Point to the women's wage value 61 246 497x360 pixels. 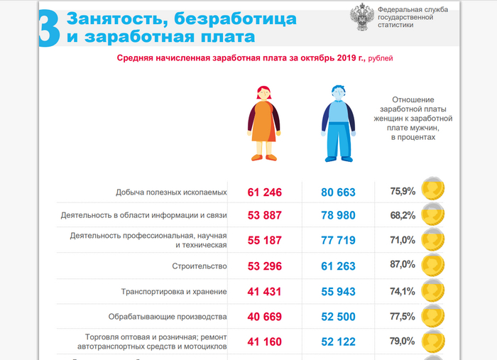coord(265,192)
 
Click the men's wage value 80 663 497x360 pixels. coord(328,192)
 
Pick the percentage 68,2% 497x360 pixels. coord(402,215)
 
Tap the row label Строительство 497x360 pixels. coord(199,267)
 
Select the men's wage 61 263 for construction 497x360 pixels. coord(328,267)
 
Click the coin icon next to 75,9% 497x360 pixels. coord(433,190)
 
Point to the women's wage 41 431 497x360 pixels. coord(265,292)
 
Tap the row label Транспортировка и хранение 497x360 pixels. coord(174,292)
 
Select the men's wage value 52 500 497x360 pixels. coord(328,317)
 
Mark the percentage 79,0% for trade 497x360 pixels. coord(402,341)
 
